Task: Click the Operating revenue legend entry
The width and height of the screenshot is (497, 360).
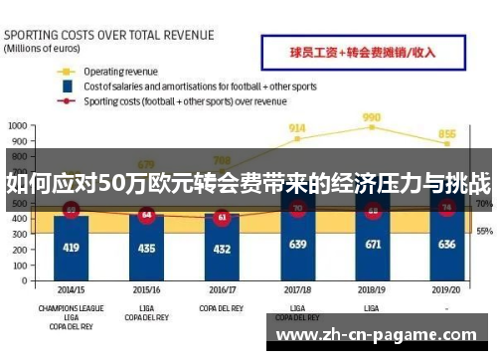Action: (119, 72)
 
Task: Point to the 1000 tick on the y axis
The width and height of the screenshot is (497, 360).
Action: (19, 126)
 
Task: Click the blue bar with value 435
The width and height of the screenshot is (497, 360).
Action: (147, 247)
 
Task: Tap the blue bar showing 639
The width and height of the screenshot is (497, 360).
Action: (297, 239)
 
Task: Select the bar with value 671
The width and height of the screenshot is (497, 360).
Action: (373, 237)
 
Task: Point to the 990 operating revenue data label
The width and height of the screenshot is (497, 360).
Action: (372, 117)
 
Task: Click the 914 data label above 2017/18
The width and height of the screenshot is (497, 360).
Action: (297, 128)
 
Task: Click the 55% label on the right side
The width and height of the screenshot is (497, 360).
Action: (484, 231)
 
